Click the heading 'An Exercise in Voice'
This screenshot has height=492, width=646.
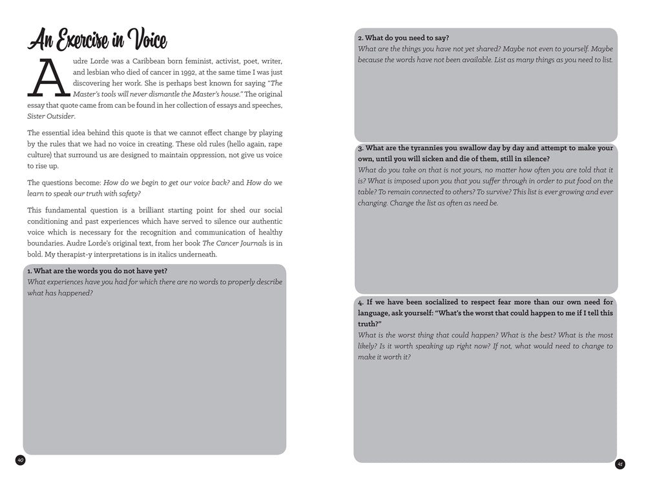[97, 41]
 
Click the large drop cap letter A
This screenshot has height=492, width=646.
[48, 78]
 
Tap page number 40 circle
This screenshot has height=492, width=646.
[20, 460]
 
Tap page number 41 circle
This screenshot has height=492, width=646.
[620, 464]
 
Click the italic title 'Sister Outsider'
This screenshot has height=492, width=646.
[51, 116]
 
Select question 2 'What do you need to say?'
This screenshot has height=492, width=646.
[404, 38]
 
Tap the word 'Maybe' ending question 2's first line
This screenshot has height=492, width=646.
[601, 49]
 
